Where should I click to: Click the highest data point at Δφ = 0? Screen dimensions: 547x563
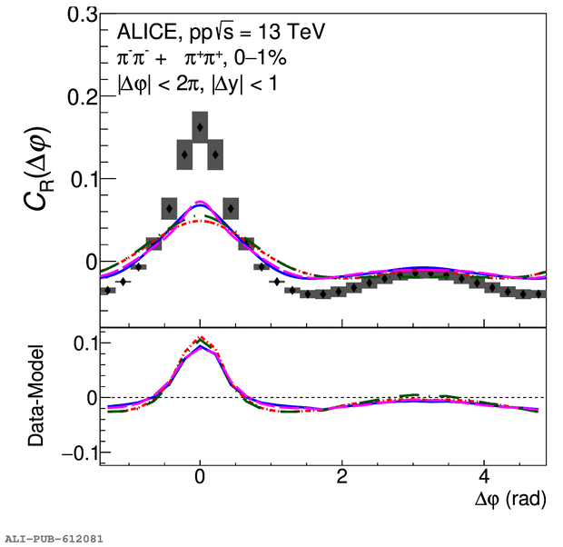point(200,127)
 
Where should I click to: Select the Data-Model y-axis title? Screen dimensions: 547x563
point(36,397)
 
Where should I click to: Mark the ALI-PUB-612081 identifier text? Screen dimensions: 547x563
point(53,539)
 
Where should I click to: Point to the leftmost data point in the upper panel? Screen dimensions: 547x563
point(107,290)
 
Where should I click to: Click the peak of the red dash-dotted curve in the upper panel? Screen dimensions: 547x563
point(201,221)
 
